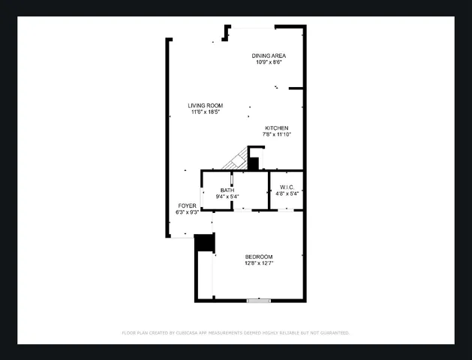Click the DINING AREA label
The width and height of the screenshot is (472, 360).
(x=269, y=55)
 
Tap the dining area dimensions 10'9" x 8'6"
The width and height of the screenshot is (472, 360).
(x=269, y=62)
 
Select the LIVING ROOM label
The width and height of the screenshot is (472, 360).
(x=205, y=106)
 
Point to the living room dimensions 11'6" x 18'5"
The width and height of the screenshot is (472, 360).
(x=205, y=112)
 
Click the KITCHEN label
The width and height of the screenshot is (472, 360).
(x=276, y=128)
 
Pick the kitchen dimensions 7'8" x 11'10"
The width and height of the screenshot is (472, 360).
(x=276, y=135)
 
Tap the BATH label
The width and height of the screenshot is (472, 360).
(x=227, y=190)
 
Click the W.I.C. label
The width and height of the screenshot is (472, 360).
(x=287, y=187)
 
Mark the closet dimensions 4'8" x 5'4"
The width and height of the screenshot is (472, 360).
(x=287, y=193)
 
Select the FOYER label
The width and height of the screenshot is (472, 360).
(x=187, y=205)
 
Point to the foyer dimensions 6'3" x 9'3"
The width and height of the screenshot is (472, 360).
(x=187, y=212)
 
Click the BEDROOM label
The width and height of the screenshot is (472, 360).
(x=259, y=256)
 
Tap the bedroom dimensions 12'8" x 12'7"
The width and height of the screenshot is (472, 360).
(x=259, y=263)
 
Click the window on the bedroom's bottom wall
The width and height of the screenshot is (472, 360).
(x=258, y=301)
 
